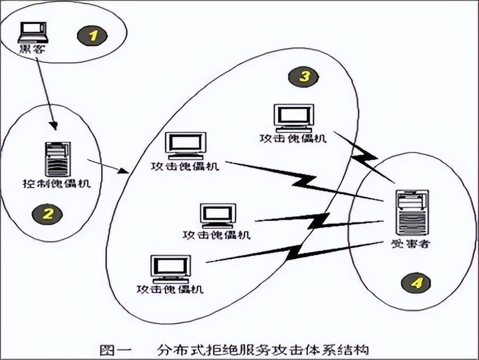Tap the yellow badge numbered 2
(48, 214)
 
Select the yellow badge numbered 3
(303, 76)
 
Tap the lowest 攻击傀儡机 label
(170, 289)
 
